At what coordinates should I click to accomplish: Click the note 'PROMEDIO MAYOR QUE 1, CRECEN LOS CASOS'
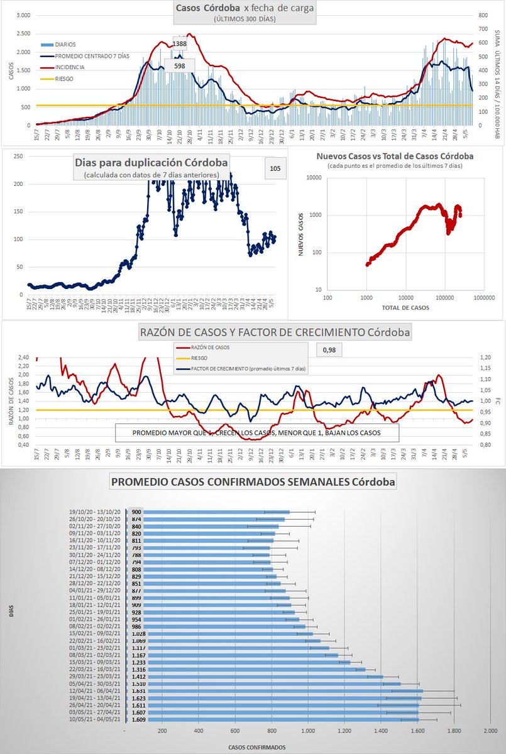click(x=256, y=434)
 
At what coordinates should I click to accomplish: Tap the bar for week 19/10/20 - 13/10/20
click(x=207, y=512)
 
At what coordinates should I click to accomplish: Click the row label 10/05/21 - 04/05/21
click(x=96, y=720)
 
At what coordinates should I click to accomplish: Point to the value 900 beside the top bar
click(x=136, y=512)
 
